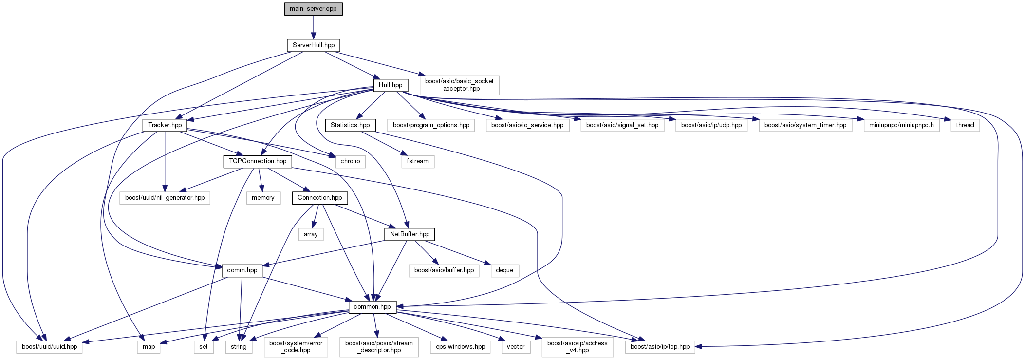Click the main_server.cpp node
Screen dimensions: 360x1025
(x=314, y=9)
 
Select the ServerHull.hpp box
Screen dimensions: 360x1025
(x=314, y=45)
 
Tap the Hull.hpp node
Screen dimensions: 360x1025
(x=391, y=85)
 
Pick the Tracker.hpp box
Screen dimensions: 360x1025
(x=165, y=125)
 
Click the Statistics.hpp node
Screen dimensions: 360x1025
(x=350, y=125)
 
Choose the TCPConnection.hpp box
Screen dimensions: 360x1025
(x=258, y=161)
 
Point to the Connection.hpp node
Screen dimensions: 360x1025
(x=320, y=198)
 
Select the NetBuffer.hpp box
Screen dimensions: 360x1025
(x=410, y=234)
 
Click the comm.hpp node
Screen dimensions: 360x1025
(x=242, y=270)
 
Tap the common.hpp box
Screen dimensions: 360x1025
(x=372, y=307)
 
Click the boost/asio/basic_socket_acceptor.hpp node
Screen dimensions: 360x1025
(x=459, y=85)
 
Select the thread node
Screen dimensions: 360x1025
(x=965, y=125)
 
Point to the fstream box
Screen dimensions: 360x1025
(x=418, y=161)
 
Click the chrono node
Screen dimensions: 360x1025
(x=350, y=161)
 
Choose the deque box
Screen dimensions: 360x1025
(x=504, y=270)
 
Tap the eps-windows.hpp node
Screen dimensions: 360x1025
(x=460, y=347)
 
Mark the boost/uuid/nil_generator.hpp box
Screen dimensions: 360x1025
(x=165, y=198)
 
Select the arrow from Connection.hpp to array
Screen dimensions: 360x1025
(x=316, y=216)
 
